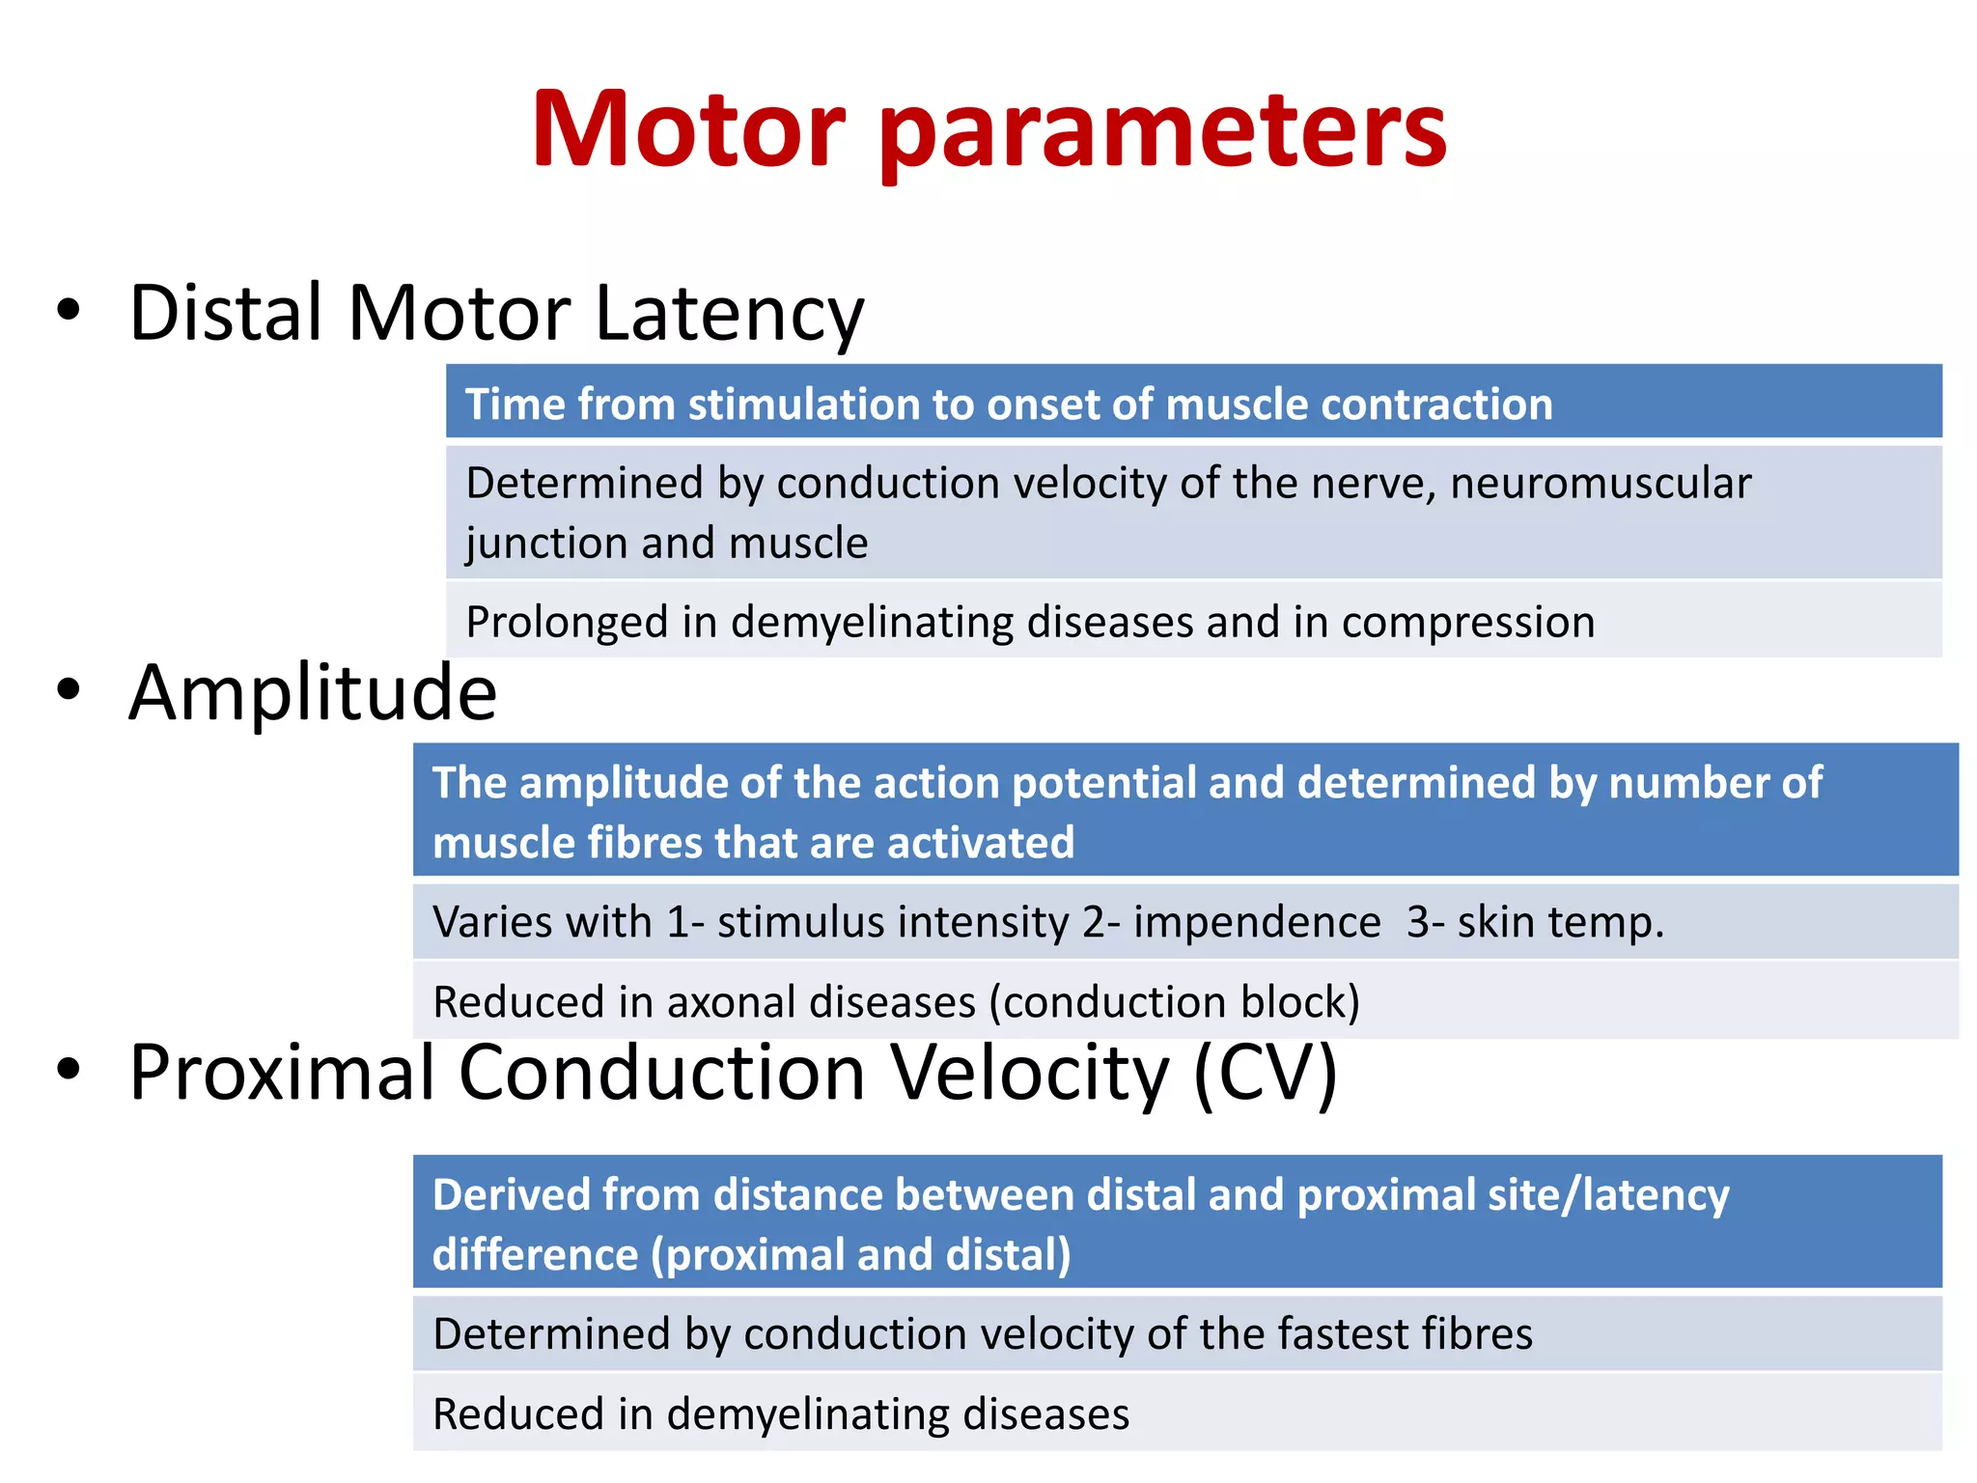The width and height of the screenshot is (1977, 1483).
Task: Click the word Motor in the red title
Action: pyautogui.click(x=688, y=130)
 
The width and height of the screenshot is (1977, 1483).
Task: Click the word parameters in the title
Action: pyautogui.click(x=1162, y=135)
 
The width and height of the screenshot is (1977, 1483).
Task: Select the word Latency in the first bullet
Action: pyautogui.click(x=729, y=315)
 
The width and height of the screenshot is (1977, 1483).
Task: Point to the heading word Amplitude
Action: pyautogui.click(x=313, y=693)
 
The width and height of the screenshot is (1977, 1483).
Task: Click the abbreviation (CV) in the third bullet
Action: pyautogui.click(x=1265, y=1073)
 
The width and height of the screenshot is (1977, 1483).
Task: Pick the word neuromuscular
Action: pyautogui.click(x=1600, y=483)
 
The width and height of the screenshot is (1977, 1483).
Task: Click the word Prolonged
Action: pyautogui.click(x=567, y=622)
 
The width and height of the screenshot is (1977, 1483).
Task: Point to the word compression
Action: pyautogui.click(x=1467, y=622)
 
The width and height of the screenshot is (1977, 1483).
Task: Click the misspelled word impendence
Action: pyautogui.click(x=1257, y=922)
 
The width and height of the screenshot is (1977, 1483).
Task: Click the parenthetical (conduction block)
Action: pyautogui.click(x=1174, y=1002)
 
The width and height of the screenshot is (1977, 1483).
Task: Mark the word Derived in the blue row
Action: pyautogui.click(x=511, y=1195)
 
